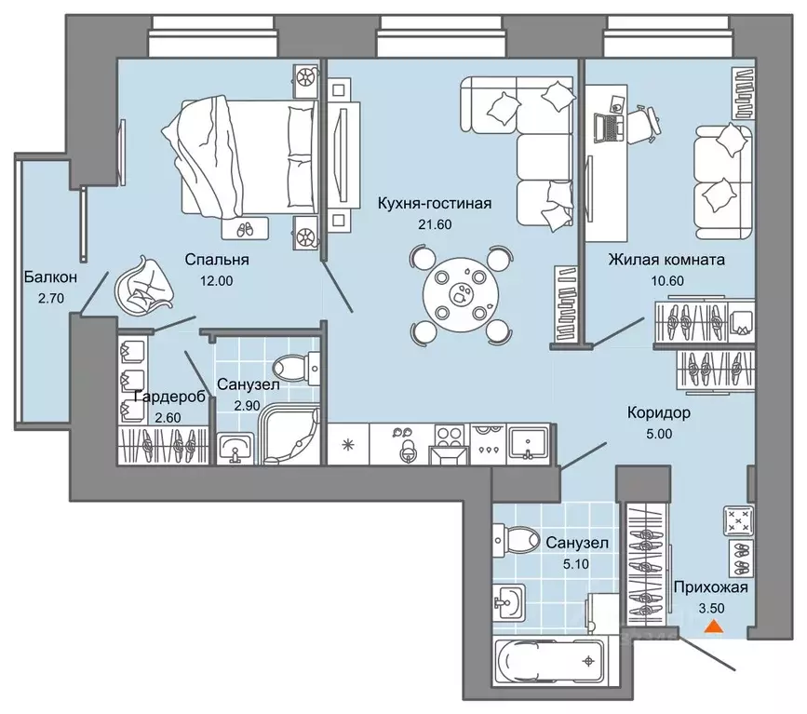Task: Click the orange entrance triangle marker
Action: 713,626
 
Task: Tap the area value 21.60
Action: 436,224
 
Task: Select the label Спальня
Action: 217,260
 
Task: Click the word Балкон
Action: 50,277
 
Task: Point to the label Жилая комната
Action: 666,260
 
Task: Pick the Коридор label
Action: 659,412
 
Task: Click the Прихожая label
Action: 710,586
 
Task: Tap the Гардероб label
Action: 169,397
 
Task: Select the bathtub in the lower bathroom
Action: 551,660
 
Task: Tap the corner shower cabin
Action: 289,436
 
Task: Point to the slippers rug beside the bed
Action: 245,229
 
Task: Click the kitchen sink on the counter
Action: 528,442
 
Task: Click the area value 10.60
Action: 666,280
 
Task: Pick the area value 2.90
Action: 247,406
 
